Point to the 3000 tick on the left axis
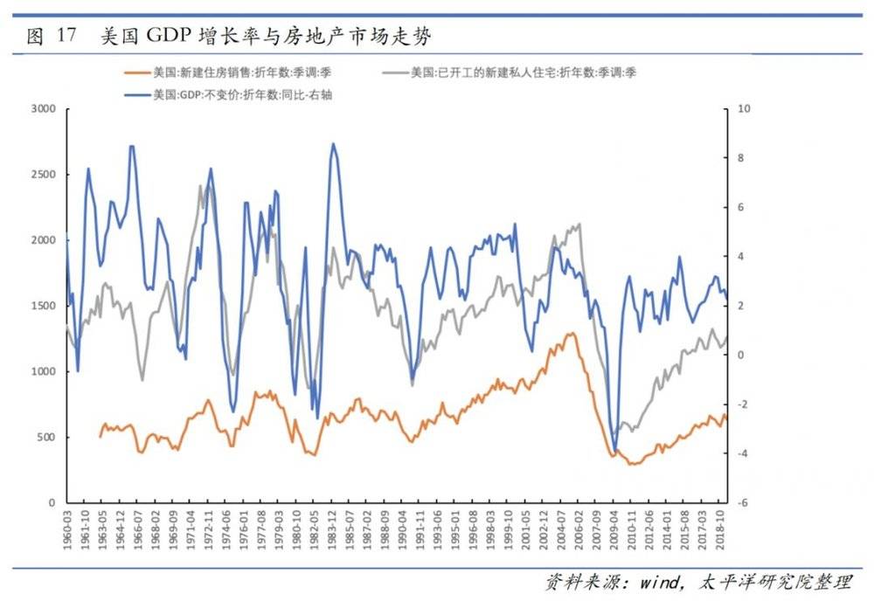43,109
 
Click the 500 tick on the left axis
45,438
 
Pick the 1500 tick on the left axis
43,306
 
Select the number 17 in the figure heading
66,36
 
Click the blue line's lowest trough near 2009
615,452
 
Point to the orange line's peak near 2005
573,333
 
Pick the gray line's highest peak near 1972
200,185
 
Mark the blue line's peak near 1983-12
333,144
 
